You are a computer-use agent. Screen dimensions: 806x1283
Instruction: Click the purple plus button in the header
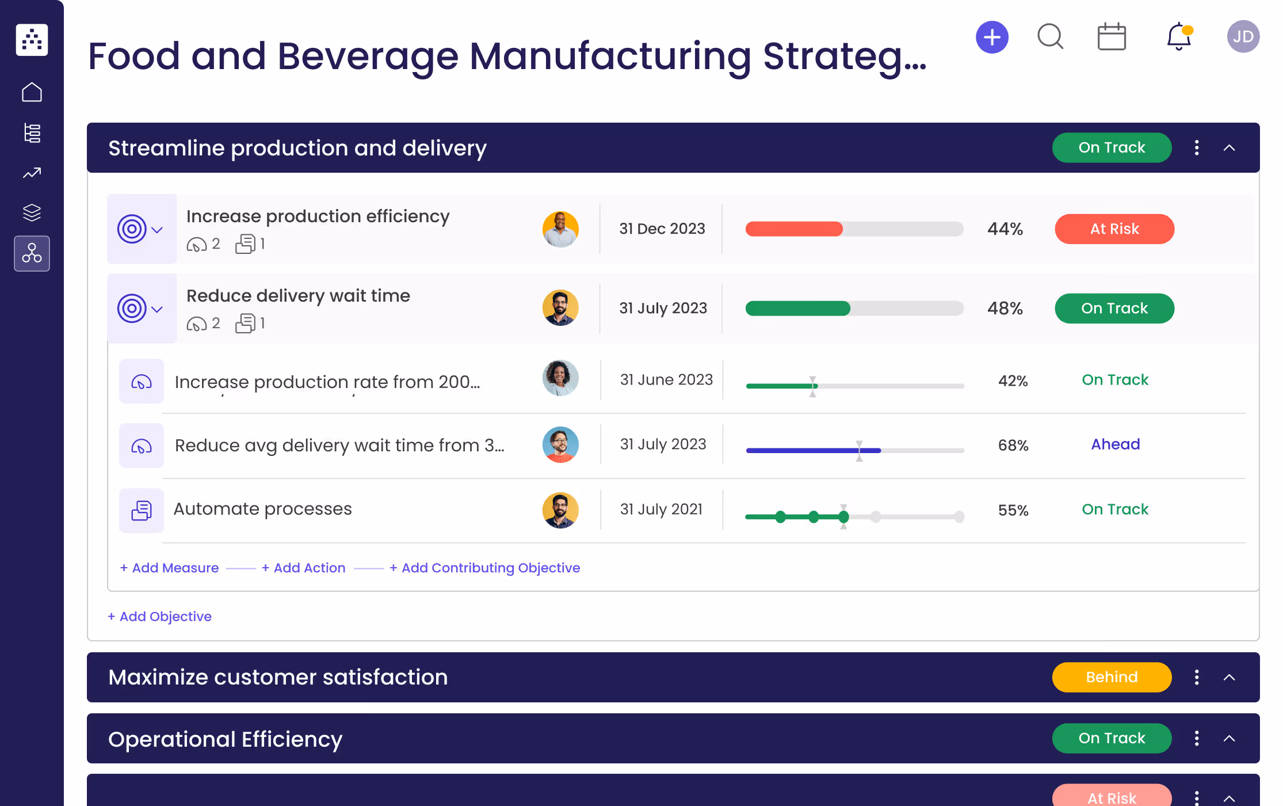click(992, 37)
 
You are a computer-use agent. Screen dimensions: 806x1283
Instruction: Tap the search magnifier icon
click(1050, 37)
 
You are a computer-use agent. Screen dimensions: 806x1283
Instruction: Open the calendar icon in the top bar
click(1111, 37)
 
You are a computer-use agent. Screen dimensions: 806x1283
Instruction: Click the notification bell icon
click(1178, 37)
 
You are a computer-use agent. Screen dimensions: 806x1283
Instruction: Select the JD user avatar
click(1243, 37)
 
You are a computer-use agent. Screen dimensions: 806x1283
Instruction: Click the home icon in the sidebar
click(32, 92)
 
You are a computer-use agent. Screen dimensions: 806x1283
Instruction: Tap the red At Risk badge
click(1114, 229)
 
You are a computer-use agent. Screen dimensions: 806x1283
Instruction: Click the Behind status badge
click(1111, 677)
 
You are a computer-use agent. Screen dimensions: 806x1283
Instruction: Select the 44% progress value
click(1005, 229)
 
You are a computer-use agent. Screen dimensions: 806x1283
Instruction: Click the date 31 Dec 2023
click(662, 229)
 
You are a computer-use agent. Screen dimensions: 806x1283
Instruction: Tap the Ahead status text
click(1115, 444)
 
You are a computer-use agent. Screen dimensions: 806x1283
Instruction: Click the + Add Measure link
click(170, 568)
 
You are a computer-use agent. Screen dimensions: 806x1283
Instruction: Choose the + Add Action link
click(304, 568)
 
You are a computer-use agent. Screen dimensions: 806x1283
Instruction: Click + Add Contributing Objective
click(485, 568)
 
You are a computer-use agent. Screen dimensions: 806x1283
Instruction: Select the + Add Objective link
click(160, 617)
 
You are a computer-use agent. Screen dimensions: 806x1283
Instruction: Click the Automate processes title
click(262, 509)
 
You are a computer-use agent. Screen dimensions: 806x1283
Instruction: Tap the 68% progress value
click(1013, 445)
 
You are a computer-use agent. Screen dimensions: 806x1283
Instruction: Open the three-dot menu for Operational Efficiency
click(1197, 738)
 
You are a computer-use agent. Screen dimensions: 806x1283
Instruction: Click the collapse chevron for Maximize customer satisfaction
click(1229, 678)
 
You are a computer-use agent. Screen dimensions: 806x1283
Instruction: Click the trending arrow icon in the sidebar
click(32, 173)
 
